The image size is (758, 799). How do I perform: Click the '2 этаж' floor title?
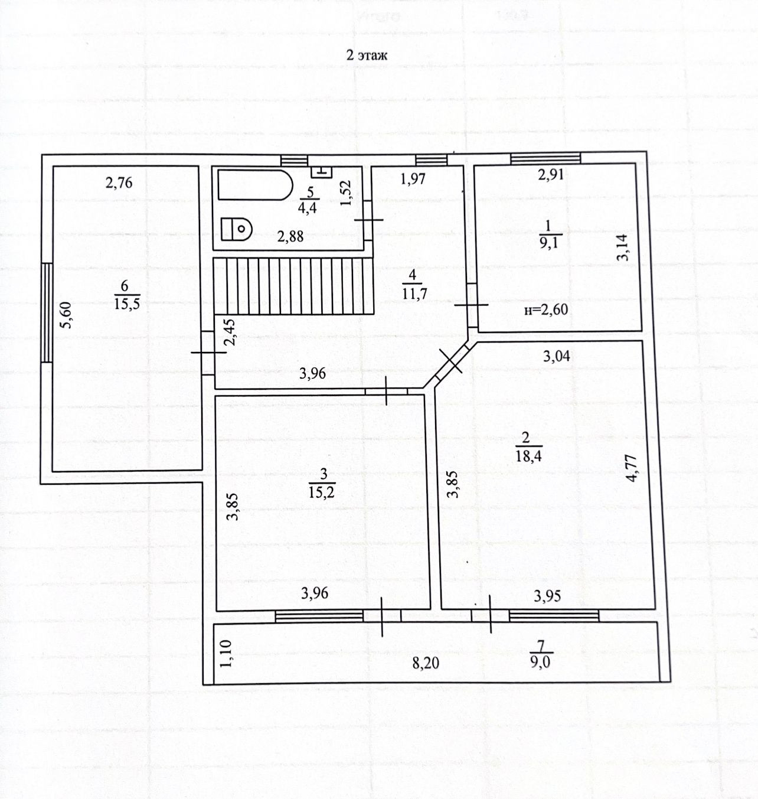[366, 56]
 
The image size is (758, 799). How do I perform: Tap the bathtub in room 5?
[255, 185]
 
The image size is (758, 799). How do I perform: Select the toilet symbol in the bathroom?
[237, 228]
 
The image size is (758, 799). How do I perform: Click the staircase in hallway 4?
[294, 286]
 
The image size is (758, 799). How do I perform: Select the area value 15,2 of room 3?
[322, 492]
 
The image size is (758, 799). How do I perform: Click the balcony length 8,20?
[426, 663]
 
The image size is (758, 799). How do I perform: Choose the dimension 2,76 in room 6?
[119, 182]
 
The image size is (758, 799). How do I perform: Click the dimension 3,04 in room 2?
[556, 356]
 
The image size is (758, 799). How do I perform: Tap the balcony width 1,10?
[226, 654]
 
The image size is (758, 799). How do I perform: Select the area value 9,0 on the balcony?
[540, 663]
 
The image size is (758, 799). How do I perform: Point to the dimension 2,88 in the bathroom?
[290, 236]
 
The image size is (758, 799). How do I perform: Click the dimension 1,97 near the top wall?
[413, 178]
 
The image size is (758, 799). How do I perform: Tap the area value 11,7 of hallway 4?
[414, 293]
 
